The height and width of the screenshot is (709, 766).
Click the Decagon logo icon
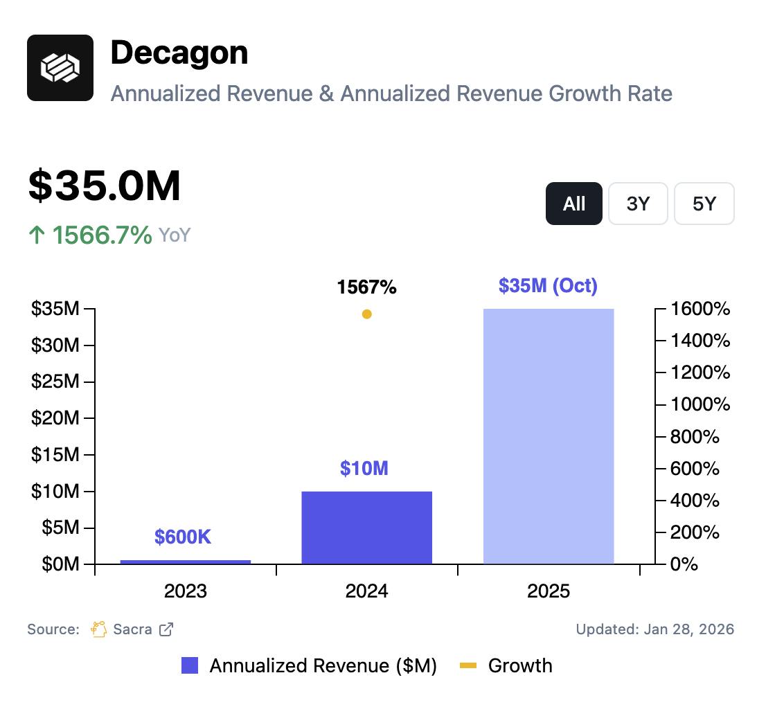[x=60, y=68]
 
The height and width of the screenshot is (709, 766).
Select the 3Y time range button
[x=638, y=204]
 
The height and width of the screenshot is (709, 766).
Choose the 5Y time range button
[x=704, y=204]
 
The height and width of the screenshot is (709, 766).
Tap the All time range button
[x=573, y=204]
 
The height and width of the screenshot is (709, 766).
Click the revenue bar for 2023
[x=186, y=562]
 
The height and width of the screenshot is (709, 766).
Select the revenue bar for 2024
[x=367, y=528]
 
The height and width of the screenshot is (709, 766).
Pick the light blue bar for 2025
[x=549, y=436]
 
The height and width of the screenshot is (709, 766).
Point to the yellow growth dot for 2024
[x=367, y=314]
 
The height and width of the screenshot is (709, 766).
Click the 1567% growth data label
[x=367, y=287]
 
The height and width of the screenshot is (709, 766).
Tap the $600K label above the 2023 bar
[x=183, y=537]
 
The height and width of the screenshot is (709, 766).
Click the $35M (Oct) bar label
[x=548, y=285]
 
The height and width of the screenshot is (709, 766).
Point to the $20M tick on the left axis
[x=55, y=418]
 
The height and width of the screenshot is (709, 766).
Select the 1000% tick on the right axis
[x=700, y=404]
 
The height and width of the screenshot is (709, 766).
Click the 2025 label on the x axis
[x=549, y=591]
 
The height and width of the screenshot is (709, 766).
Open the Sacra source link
[x=132, y=629]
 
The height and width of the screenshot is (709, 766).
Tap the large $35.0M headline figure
[x=105, y=186]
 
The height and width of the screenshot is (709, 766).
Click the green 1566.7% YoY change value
[x=103, y=235]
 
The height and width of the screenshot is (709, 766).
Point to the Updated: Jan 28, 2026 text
[x=654, y=629]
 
